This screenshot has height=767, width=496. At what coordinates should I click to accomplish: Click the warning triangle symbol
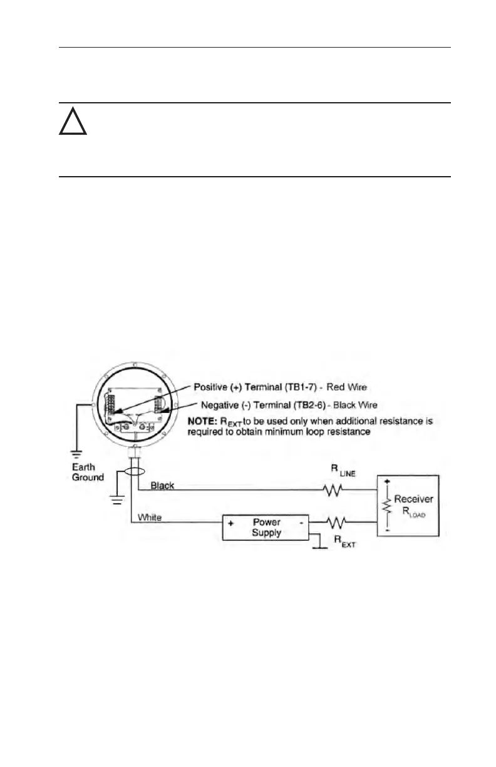pos(73,123)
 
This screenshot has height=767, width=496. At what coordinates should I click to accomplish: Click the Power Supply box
pos(266,528)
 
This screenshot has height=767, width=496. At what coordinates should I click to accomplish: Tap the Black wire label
pos(162,486)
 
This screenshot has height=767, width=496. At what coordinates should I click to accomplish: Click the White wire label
pos(150,518)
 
